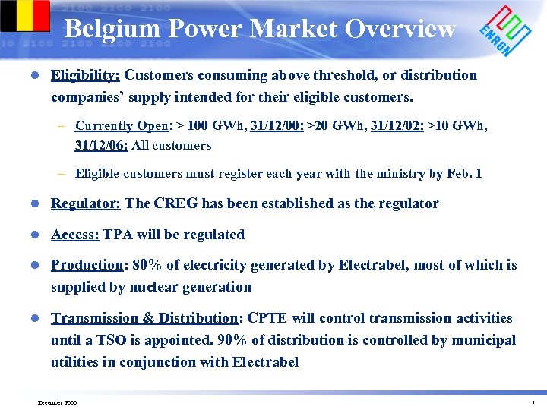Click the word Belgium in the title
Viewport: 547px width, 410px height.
tap(112, 29)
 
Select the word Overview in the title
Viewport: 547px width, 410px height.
tap(400, 29)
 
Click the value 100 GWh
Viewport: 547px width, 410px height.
tap(215, 126)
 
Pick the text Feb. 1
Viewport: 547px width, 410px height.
tap(464, 173)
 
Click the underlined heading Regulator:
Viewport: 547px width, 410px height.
tap(86, 203)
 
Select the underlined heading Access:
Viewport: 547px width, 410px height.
tap(75, 235)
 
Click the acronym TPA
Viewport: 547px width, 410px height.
tap(118, 235)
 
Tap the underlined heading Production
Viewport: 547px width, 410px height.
tap(87, 265)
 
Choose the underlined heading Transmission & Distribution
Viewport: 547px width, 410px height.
tap(144, 318)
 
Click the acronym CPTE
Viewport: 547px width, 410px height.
tap(268, 318)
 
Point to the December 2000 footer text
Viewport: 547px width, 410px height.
tap(57, 402)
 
